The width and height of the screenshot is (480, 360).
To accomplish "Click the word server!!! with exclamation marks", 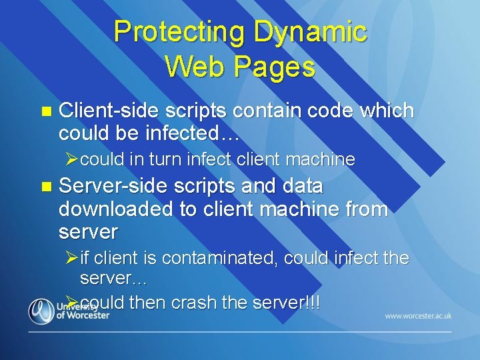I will [x=285, y=303].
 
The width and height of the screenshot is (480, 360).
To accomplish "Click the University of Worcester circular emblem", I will [x=41, y=311].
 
